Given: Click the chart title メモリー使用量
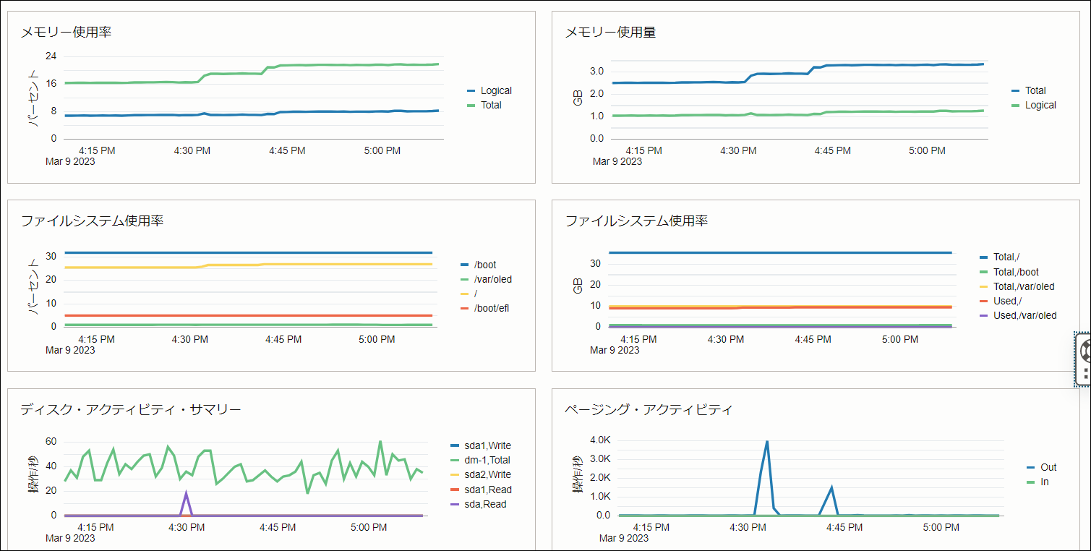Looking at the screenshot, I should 610,33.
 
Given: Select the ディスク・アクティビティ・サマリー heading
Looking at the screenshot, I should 131,410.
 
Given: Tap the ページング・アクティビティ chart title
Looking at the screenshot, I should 649,410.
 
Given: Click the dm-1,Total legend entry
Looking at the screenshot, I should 487,460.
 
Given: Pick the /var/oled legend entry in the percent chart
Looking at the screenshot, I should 492,279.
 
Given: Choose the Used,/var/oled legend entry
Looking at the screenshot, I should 1024,315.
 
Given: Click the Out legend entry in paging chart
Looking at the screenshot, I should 1048,467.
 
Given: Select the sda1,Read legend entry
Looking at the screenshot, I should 488,490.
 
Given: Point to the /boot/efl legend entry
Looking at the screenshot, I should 492,309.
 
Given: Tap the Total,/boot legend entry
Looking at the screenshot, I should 1016,272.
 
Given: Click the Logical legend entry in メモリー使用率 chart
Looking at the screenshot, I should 495,90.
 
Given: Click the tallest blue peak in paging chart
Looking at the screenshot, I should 766,442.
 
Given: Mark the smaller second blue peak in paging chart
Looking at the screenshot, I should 831,487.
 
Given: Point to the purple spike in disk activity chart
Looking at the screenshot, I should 187,493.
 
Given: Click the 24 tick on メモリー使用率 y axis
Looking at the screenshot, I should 51,56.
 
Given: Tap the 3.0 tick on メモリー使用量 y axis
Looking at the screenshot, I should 596,71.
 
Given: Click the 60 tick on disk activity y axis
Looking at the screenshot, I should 51,442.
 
